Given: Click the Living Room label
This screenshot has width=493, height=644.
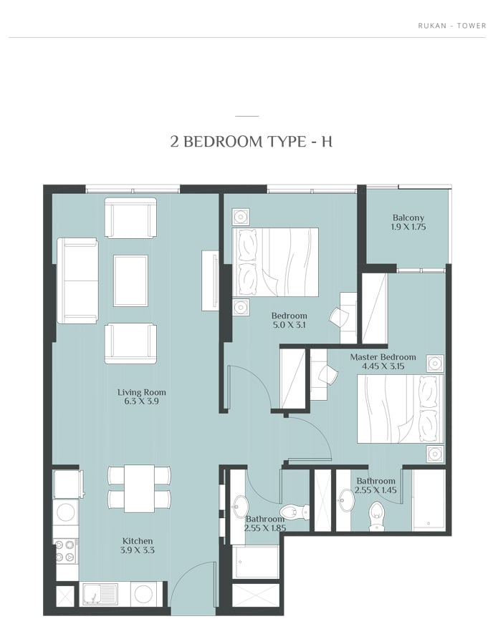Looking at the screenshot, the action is pos(141,392).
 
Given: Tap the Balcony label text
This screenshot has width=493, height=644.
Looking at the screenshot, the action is pos(408,218).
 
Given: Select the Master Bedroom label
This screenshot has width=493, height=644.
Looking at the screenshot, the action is pos(383,357).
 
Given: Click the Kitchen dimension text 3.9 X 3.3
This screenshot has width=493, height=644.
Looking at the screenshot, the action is pos(138,550).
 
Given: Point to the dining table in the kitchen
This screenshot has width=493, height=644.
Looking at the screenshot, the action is pos(140,488).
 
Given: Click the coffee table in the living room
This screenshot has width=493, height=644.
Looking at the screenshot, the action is pos(130,280).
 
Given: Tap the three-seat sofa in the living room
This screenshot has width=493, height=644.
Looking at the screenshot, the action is pos(77,280).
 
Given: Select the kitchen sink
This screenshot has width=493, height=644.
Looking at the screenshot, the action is pos(99,594).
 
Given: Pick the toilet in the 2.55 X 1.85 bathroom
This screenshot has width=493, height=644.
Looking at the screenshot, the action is pos(293,512).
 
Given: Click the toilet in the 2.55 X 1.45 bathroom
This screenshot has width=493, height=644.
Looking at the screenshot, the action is pos(376,514).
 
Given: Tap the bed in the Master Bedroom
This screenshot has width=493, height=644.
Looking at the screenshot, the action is pos(401,409).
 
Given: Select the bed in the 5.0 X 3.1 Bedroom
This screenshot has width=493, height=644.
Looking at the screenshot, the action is pos(275,262).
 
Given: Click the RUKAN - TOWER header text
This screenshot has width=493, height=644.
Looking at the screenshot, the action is pos(452,26).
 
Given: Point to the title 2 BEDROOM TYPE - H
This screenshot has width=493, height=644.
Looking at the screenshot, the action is pos(252,142).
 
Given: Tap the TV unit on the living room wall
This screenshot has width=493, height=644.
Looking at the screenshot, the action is pos(210,280).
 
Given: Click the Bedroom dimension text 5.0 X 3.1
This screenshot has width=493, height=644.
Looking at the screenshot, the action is pos(289,325).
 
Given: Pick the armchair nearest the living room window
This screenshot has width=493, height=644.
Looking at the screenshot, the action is pos(130,218).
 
